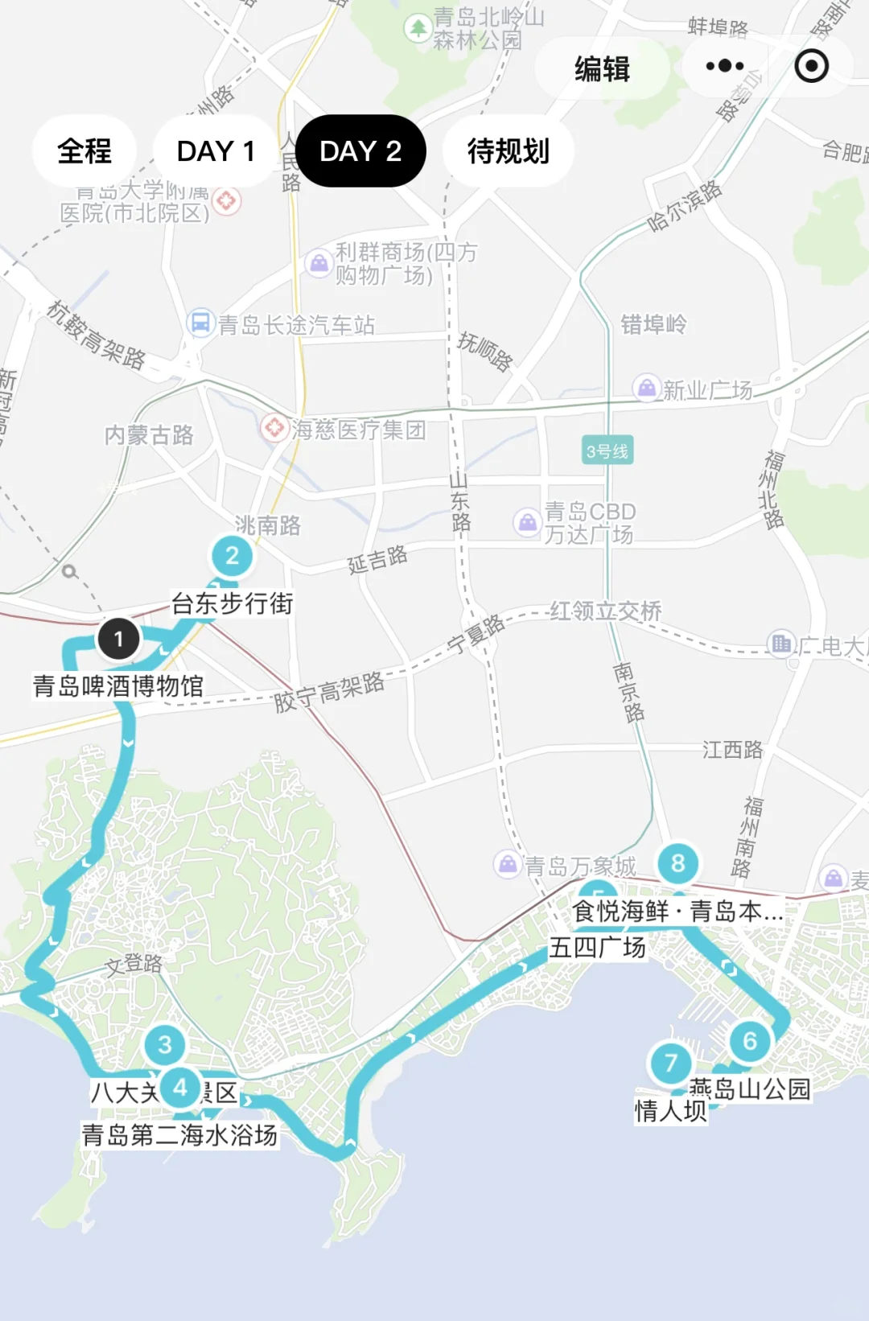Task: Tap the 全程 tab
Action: pyautogui.click(x=84, y=151)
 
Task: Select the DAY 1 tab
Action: pyautogui.click(x=215, y=151)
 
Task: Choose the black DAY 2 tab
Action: pyautogui.click(x=360, y=151)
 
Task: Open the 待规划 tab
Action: pyautogui.click(x=508, y=151)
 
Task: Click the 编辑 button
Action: pyautogui.click(x=602, y=68)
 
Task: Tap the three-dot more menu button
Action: pyautogui.click(x=725, y=66)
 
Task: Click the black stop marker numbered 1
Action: pyautogui.click(x=118, y=639)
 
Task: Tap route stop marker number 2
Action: pyautogui.click(x=232, y=556)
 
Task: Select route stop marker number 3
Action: pyautogui.click(x=165, y=1044)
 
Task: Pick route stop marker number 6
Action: pyautogui.click(x=750, y=1041)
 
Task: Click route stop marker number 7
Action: pyautogui.click(x=670, y=1063)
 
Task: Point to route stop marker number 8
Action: pyautogui.click(x=678, y=863)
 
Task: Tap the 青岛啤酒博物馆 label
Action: pyautogui.click(x=118, y=686)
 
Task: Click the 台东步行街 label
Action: pyautogui.click(x=232, y=603)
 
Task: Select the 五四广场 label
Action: pyautogui.click(x=597, y=948)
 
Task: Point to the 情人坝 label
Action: pyautogui.click(x=670, y=1111)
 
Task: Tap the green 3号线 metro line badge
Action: pyautogui.click(x=607, y=451)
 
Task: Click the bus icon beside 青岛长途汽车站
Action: pyautogui.click(x=200, y=323)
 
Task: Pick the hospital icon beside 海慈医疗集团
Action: pyautogui.click(x=274, y=427)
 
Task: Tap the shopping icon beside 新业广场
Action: pyautogui.click(x=646, y=388)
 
